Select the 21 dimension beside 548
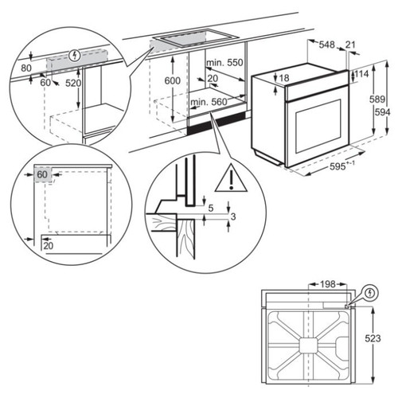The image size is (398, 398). tap(351, 45)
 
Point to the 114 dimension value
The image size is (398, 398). tap(362, 73)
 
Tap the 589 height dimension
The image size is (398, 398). tap(378, 99)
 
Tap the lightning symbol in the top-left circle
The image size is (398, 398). tap(74, 55)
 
